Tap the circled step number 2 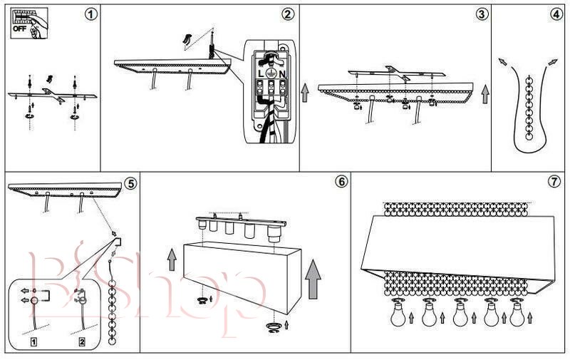click(288, 14)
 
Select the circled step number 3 click(482, 14)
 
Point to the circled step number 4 click(556, 14)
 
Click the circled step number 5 click(130, 182)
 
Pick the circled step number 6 click(341, 181)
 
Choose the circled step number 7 click(554, 181)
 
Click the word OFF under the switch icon click(19, 29)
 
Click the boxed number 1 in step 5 click(33, 342)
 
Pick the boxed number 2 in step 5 click(82, 342)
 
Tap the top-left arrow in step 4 click(504, 63)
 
